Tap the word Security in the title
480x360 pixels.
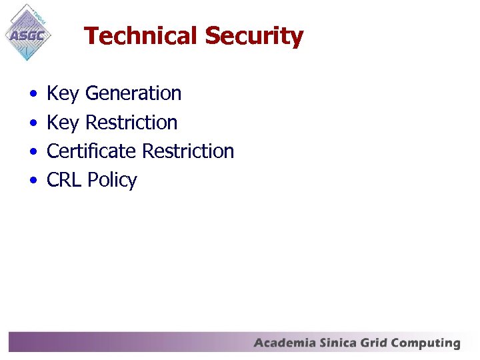[254, 36]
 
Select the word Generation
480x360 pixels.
[133, 93]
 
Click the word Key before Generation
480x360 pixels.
[63, 94]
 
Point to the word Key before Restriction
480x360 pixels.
[63, 123]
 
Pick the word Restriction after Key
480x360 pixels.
[131, 123]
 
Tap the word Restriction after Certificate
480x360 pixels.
[188, 151]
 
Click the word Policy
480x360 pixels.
[112, 181]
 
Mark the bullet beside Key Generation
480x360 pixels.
[33, 95]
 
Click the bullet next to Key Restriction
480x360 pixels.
[33, 123]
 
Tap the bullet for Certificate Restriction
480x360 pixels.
[33, 152]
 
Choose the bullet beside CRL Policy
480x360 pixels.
[33, 181]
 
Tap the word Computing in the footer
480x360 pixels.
[426, 344]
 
